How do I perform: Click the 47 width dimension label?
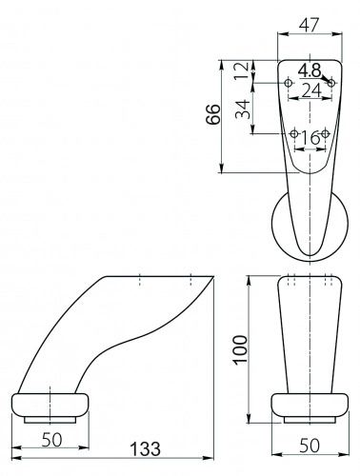tap(309, 25)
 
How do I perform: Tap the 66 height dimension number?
tap(212, 114)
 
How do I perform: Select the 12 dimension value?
tap(242, 71)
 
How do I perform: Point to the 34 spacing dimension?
tap(243, 109)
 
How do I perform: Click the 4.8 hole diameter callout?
tap(310, 70)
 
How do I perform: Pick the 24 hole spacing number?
tap(311, 90)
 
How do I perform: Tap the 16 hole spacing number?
tap(310, 138)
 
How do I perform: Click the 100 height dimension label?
tap(240, 349)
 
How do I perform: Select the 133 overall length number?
tap(145, 448)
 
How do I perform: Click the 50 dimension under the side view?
tap(52, 440)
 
